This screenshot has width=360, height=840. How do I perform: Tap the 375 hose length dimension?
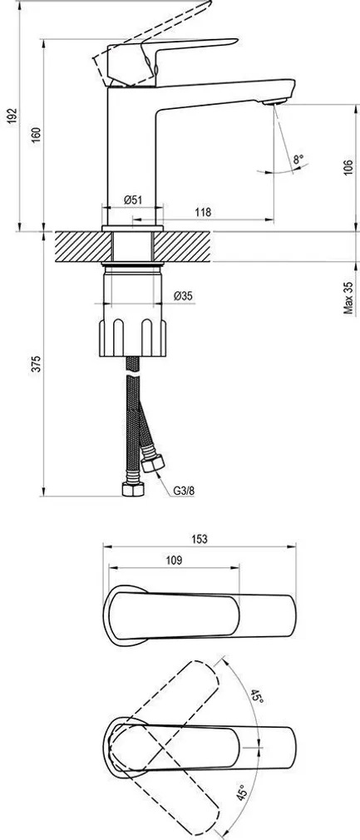tap(34, 363)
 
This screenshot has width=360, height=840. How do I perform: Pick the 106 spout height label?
tap(348, 166)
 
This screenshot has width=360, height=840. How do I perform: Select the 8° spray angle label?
tap(297, 158)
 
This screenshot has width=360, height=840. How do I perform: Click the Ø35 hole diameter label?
tap(185, 295)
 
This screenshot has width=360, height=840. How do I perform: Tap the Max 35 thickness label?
tap(348, 299)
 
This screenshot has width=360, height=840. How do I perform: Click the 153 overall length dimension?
tap(200, 538)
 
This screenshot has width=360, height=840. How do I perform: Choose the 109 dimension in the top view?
tap(174, 561)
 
